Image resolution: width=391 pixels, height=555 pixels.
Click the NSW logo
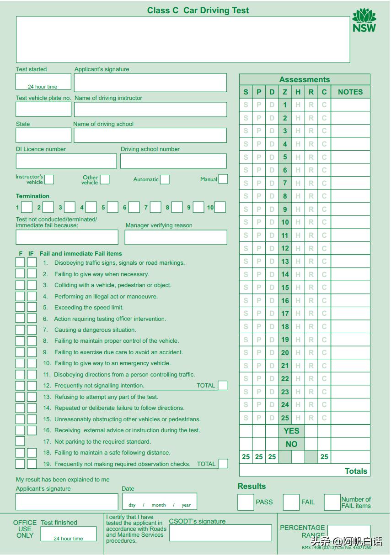pos(364,21)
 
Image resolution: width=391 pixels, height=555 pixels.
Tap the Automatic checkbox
pos(165,179)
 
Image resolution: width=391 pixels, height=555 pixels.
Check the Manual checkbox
pos(223,179)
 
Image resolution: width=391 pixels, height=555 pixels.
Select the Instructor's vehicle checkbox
pos(49,179)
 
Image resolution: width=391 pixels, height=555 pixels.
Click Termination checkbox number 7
pos(155,207)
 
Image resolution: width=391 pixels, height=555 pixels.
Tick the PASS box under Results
pos(246,502)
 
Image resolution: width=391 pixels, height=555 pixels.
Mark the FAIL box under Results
pos(291,502)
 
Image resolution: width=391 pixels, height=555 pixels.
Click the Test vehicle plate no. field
pos(43,109)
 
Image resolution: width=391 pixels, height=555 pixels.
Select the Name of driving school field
pos(150,135)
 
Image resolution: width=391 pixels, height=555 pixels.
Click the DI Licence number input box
pos(66,161)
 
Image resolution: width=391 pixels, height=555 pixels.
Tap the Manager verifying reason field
pos(176,237)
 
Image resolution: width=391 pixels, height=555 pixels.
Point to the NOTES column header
pos(350,92)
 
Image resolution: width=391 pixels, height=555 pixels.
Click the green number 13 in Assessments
pos(285,262)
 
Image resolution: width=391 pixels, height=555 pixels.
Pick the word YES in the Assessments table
pos(291,431)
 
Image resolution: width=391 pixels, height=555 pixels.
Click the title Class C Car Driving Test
pos(198,10)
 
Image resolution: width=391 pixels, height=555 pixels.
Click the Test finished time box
pos(69,534)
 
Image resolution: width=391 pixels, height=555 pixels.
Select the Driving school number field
pos(173,161)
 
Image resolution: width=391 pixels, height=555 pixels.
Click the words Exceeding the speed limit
pos(89,308)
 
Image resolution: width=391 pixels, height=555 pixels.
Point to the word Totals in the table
pos(356,471)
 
